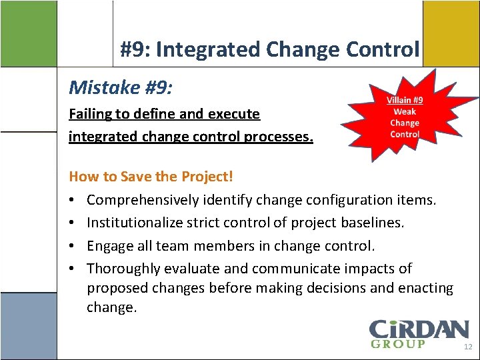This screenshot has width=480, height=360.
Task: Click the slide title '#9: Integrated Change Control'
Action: [x=269, y=50]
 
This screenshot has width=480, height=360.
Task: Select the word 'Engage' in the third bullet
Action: [x=108, y=246]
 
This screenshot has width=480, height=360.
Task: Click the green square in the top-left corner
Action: [x=28, y=33]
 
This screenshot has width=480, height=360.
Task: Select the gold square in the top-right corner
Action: [x=451, y=33]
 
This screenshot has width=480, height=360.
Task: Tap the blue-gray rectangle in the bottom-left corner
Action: [x=28, y=327]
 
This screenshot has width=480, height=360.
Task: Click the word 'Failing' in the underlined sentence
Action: [x=90, y=114]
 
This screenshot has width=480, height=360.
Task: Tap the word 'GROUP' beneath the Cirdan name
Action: [x=397, y=344]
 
